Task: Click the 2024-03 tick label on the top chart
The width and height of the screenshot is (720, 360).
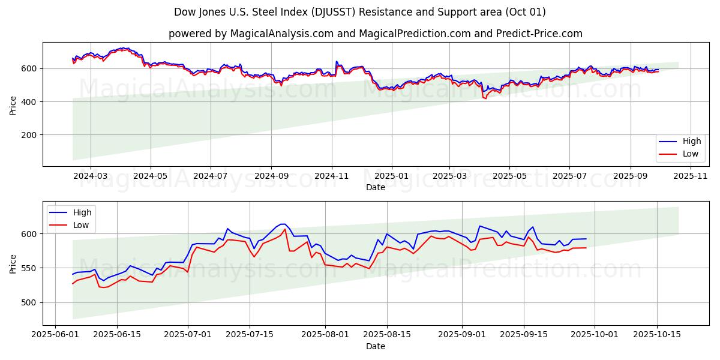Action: (91, 176)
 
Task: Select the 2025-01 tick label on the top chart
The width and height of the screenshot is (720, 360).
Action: (391, 176)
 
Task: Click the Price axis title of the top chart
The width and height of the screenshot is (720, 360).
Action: (13, 105)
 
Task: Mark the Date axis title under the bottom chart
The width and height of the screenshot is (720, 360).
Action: (376, 346)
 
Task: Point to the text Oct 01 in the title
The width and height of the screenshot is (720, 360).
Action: (526, 12)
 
